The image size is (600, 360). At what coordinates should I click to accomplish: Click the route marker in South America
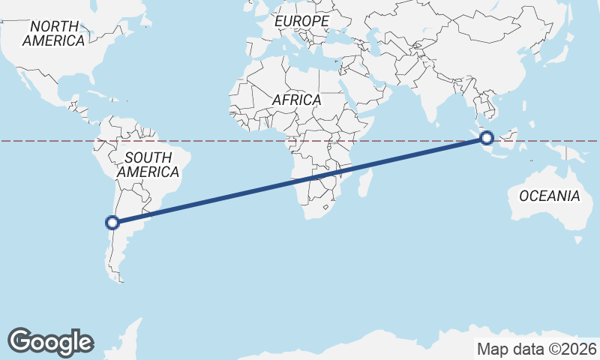tap(112, 222)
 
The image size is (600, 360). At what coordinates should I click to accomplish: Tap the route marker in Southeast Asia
tap(487, 138)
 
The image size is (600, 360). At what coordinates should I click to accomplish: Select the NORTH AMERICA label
tap(53, 34)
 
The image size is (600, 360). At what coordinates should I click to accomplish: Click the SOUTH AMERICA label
tap(148, 165)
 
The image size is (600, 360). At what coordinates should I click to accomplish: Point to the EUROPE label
tap(301, 22)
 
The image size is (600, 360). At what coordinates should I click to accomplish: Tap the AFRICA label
tap(296, 100)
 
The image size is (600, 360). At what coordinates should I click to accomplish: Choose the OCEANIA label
tap(550, 196)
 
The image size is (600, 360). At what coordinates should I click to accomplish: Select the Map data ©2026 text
tap(537, 349)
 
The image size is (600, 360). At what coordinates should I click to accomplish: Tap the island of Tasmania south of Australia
tap(577, 239)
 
